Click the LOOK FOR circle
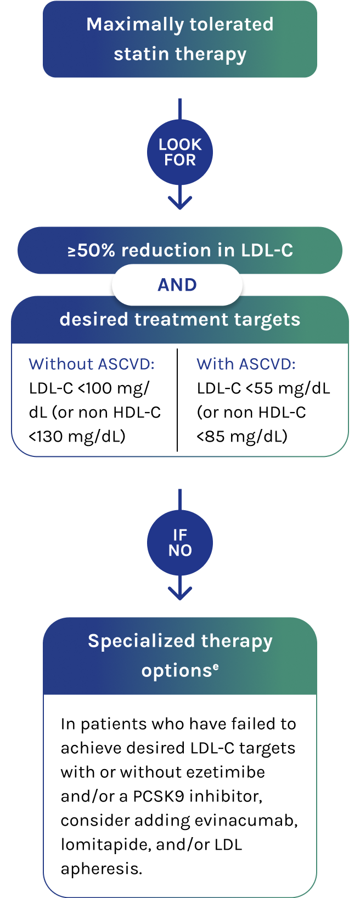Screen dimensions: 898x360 click(180, 152)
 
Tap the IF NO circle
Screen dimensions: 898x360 click(180, 543)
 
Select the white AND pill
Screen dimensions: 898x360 click(177, 285)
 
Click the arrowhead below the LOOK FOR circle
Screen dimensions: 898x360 click(180, 202)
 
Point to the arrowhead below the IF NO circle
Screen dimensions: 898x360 click(180, 593)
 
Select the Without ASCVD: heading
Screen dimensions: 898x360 click(92, 364)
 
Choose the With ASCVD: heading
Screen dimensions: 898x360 click(246, 364)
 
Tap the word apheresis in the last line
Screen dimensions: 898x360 click(101, 869)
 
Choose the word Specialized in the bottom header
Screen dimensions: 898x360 click(141, 641)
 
